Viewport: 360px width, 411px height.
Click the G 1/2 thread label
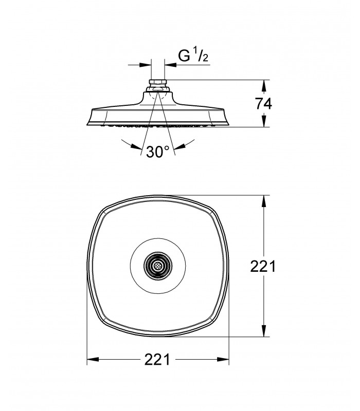(x=193, y=55)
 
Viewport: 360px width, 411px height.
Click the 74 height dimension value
(x=264, y=103)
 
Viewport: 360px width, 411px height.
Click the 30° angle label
(x=158, y=152)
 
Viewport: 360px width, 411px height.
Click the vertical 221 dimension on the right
(x=263, y=266)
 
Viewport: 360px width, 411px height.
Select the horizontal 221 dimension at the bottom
(x=157, y=359)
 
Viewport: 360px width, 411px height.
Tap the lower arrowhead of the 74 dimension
(x=264, y=121)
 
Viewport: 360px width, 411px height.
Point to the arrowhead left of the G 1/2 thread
(x=146, y=65)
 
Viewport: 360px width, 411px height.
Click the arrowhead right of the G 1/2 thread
(x=170, y=65)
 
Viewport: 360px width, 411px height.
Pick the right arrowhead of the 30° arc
(x=179, y=146)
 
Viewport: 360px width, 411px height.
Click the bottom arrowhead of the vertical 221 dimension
(x=264, y=331)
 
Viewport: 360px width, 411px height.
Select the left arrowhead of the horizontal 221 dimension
(x=93, y=359)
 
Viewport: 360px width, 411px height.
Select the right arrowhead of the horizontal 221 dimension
(x=223, y=359)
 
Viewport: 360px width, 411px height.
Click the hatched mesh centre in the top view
(x=158, y=266)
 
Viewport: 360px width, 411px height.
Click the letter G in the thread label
(x=184, y=55)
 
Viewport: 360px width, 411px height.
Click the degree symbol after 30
(x=167, y=148)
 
